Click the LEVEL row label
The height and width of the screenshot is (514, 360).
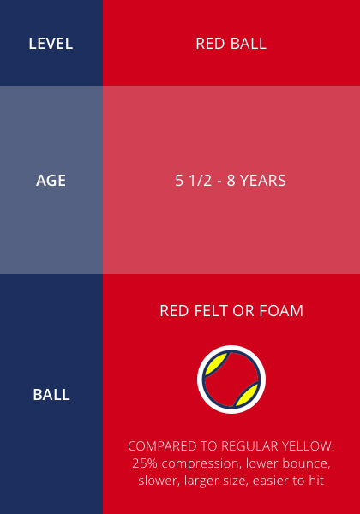[x=51, y=44]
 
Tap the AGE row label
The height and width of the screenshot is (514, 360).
[x=51, y=181]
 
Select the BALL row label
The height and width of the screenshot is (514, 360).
[x=51, y=395]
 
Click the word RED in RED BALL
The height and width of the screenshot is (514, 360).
[x=210, y=44]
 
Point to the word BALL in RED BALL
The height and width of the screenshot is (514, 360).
[x=249, y=44]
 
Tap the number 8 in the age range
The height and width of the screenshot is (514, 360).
[x=231, y=181]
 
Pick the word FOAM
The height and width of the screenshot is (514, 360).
[x=281, y=311]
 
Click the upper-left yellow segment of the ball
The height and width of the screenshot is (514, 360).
[x=215, y=364]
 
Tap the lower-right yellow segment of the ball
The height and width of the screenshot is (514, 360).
[x=247, y=394]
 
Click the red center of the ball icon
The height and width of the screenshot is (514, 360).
[x=231, y=380]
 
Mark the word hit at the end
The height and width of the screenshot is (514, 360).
[x=316, y=481]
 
